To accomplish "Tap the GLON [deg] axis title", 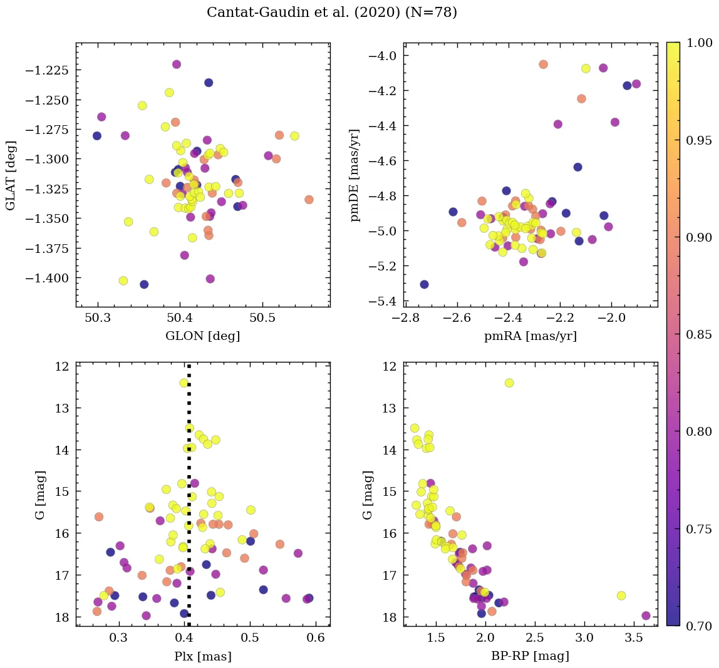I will [x=203, y=336].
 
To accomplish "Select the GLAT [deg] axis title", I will [x=11, y=175].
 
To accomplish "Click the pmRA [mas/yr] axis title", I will [x=530, y=336].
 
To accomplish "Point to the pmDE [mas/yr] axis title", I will [x=355, y=175].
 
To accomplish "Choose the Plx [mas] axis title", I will [x=203, y=657].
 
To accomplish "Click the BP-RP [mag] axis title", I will [x=530, y=657].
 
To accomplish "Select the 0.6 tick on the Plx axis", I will [x=316, y=639].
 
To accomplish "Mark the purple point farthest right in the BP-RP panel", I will [x=646, y=615].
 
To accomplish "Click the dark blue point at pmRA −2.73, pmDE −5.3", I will [x=424, y=284].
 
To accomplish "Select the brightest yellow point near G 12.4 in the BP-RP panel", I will [x=509, y=383].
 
